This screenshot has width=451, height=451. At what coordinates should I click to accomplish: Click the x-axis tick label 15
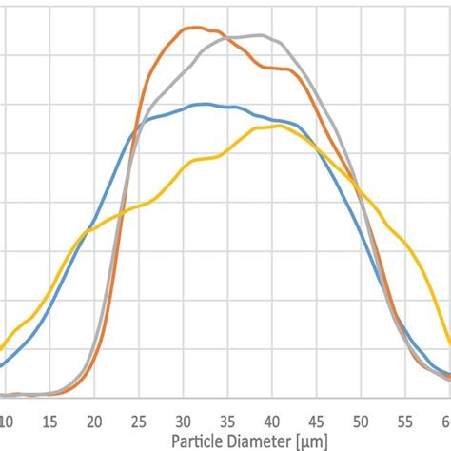[49, 419]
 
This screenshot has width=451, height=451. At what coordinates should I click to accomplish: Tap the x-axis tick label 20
[94, 419]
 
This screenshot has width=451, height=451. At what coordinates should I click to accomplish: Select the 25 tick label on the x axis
[138, 419]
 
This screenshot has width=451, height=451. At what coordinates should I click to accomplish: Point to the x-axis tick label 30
[183, 419]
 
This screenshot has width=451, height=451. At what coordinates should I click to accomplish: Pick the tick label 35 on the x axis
[227, 419]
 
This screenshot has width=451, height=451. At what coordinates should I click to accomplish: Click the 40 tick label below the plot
[272, 419]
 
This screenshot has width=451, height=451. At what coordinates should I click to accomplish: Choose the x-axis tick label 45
[317, 419]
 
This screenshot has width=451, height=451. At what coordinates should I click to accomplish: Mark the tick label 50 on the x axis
[362, 419]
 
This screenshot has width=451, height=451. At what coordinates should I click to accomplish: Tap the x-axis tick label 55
[405, 419]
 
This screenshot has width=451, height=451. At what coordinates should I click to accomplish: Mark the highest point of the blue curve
[201, 104]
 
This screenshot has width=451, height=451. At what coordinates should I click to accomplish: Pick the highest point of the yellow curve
[276, 126]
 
